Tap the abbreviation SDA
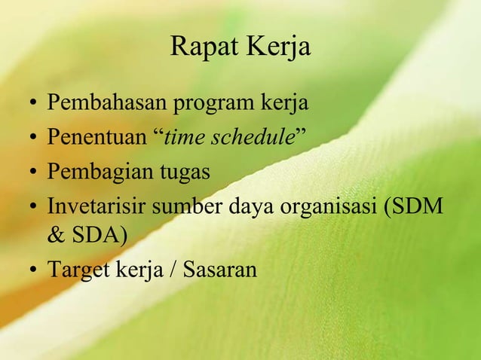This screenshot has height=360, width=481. click(100, 236)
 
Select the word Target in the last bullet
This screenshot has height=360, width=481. click(78, 269)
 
